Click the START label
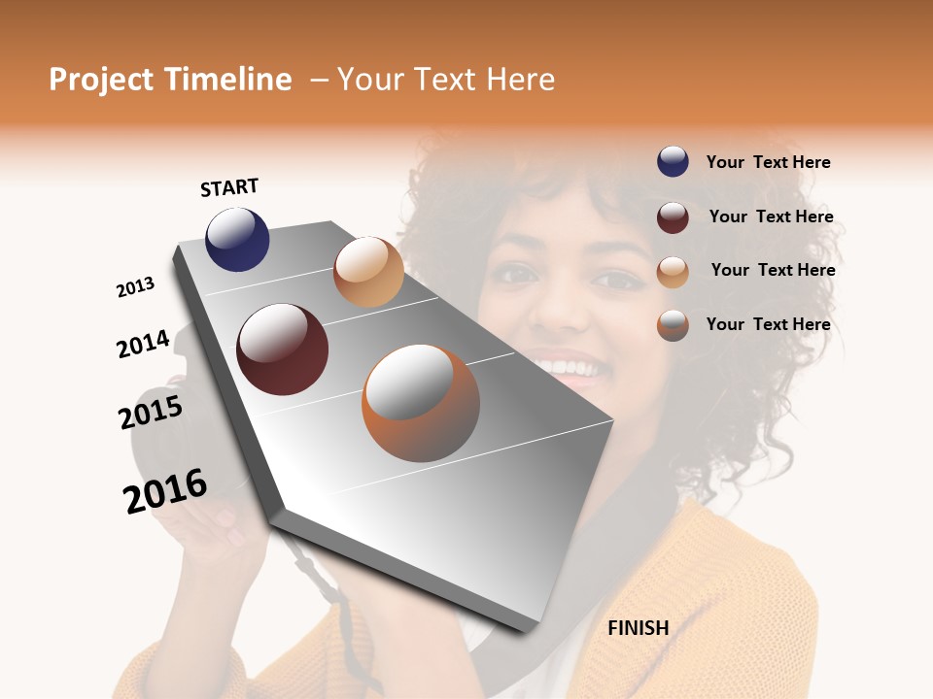pos(229,187)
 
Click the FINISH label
pos(638,628)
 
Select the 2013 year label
pos(136,287)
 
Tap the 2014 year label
pos(144,344)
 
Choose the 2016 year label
pos(165,490)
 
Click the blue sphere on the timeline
pos(237,239)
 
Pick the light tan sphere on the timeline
pos(368,272)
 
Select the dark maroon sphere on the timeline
pos(282,349)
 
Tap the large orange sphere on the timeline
pos(421,403)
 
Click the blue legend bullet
pos(673,162)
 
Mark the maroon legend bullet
pos(673,217)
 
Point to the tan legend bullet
pos(673,271)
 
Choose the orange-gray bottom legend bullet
pos(673,324)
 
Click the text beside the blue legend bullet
pos(768,162)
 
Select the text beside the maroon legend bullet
pos(771,216)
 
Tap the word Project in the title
pos(102,80)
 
